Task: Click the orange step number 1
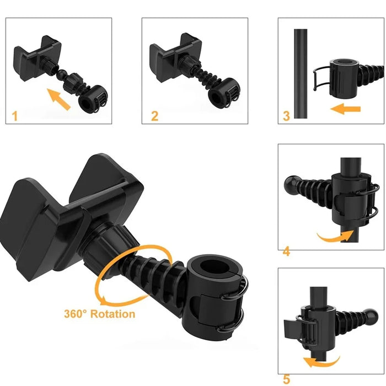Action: click(15, 116)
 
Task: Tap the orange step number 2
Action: click(154, 116)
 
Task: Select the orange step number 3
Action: click(286, 116)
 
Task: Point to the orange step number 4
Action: click(287, 251)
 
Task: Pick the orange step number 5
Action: click(286, 379)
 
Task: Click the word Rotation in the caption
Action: click(112, 314)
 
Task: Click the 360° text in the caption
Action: click(76, 314)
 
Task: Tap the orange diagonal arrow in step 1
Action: click(58, 99)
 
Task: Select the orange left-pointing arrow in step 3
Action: click(345, 109)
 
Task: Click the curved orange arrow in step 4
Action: click(335, 237)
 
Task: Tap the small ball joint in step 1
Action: click(61, 74)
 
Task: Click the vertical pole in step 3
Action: click(301, 74)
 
